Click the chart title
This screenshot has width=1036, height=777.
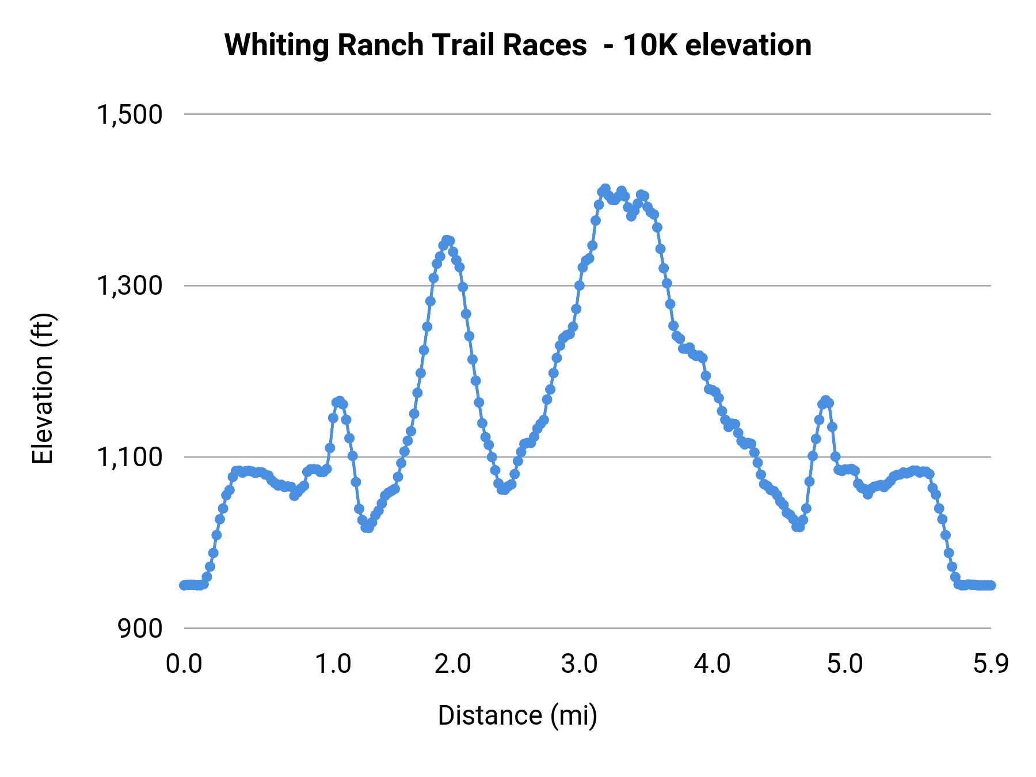click(x=517, y=45)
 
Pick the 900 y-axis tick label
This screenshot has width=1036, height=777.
click(x=140, y=629)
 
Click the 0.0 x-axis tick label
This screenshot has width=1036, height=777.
click(x=184, y=664)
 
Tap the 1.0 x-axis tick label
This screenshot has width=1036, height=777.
click(x=333, y=664)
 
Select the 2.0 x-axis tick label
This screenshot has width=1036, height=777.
click(x=453, y=664)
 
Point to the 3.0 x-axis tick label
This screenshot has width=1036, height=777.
click(x=580, y=664)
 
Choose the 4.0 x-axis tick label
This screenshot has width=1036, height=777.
click(x=713, y=664)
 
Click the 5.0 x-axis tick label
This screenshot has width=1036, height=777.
click(x=845, y=664)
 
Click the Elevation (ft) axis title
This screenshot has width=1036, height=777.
click(x=43, y=388)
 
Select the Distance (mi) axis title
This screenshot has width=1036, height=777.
click(x=517, y=715)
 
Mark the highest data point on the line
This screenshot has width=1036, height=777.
click(x=605, y=189)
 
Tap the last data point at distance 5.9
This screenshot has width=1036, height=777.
click(x=991, y=585)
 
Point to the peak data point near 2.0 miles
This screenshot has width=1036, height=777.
click(x=447, y=239)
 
